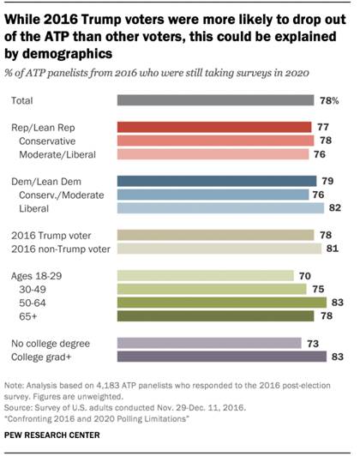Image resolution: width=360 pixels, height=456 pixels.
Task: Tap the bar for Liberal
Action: pos(219,207)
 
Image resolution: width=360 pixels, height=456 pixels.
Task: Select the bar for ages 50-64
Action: pos(220,302)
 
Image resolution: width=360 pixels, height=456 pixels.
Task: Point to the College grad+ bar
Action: pos(220,356)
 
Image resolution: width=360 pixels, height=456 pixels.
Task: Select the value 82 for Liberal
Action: pos(337,207)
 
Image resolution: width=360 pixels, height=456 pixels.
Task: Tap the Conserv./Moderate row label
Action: pos(61,194)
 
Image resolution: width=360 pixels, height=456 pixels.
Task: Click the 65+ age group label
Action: pos(39,315)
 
